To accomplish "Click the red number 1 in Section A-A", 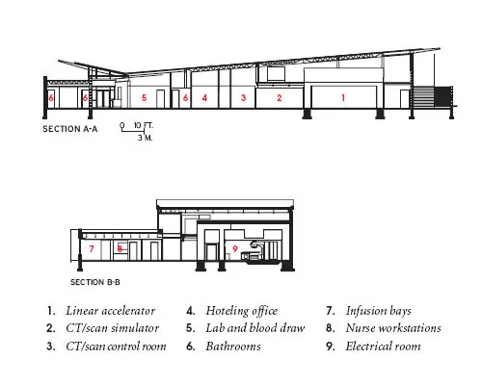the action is (x=343, y=98).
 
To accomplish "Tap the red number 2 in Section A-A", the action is (x=280, y=98).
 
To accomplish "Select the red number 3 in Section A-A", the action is (x=244, y=97).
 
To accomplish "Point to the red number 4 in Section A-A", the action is (x=204, y=97).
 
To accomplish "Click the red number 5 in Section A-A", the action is (x=144, y=97).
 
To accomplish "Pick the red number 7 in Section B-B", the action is (x=92, y=248).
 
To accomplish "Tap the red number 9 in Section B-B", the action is (x=235, y=248).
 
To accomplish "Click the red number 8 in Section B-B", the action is (x=120, y=248).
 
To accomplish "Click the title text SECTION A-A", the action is (x=70, y=129).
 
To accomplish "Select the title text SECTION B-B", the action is (x=95, y=282).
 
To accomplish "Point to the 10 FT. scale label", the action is (x=144, y=125).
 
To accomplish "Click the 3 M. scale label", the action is (x=146, y=138).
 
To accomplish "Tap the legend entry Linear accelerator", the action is (x=111, y=311).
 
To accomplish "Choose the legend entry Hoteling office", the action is (x=242, y=311).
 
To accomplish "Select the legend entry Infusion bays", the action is (x=378, y=311).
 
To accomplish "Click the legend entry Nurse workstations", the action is (x=393, y=328).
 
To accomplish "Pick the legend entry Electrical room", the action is (x=383, y=346).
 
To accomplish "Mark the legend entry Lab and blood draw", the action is (x=255, y=328).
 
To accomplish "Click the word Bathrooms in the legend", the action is (x=233, y=346).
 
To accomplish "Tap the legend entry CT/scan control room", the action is (x=116, y=346).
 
